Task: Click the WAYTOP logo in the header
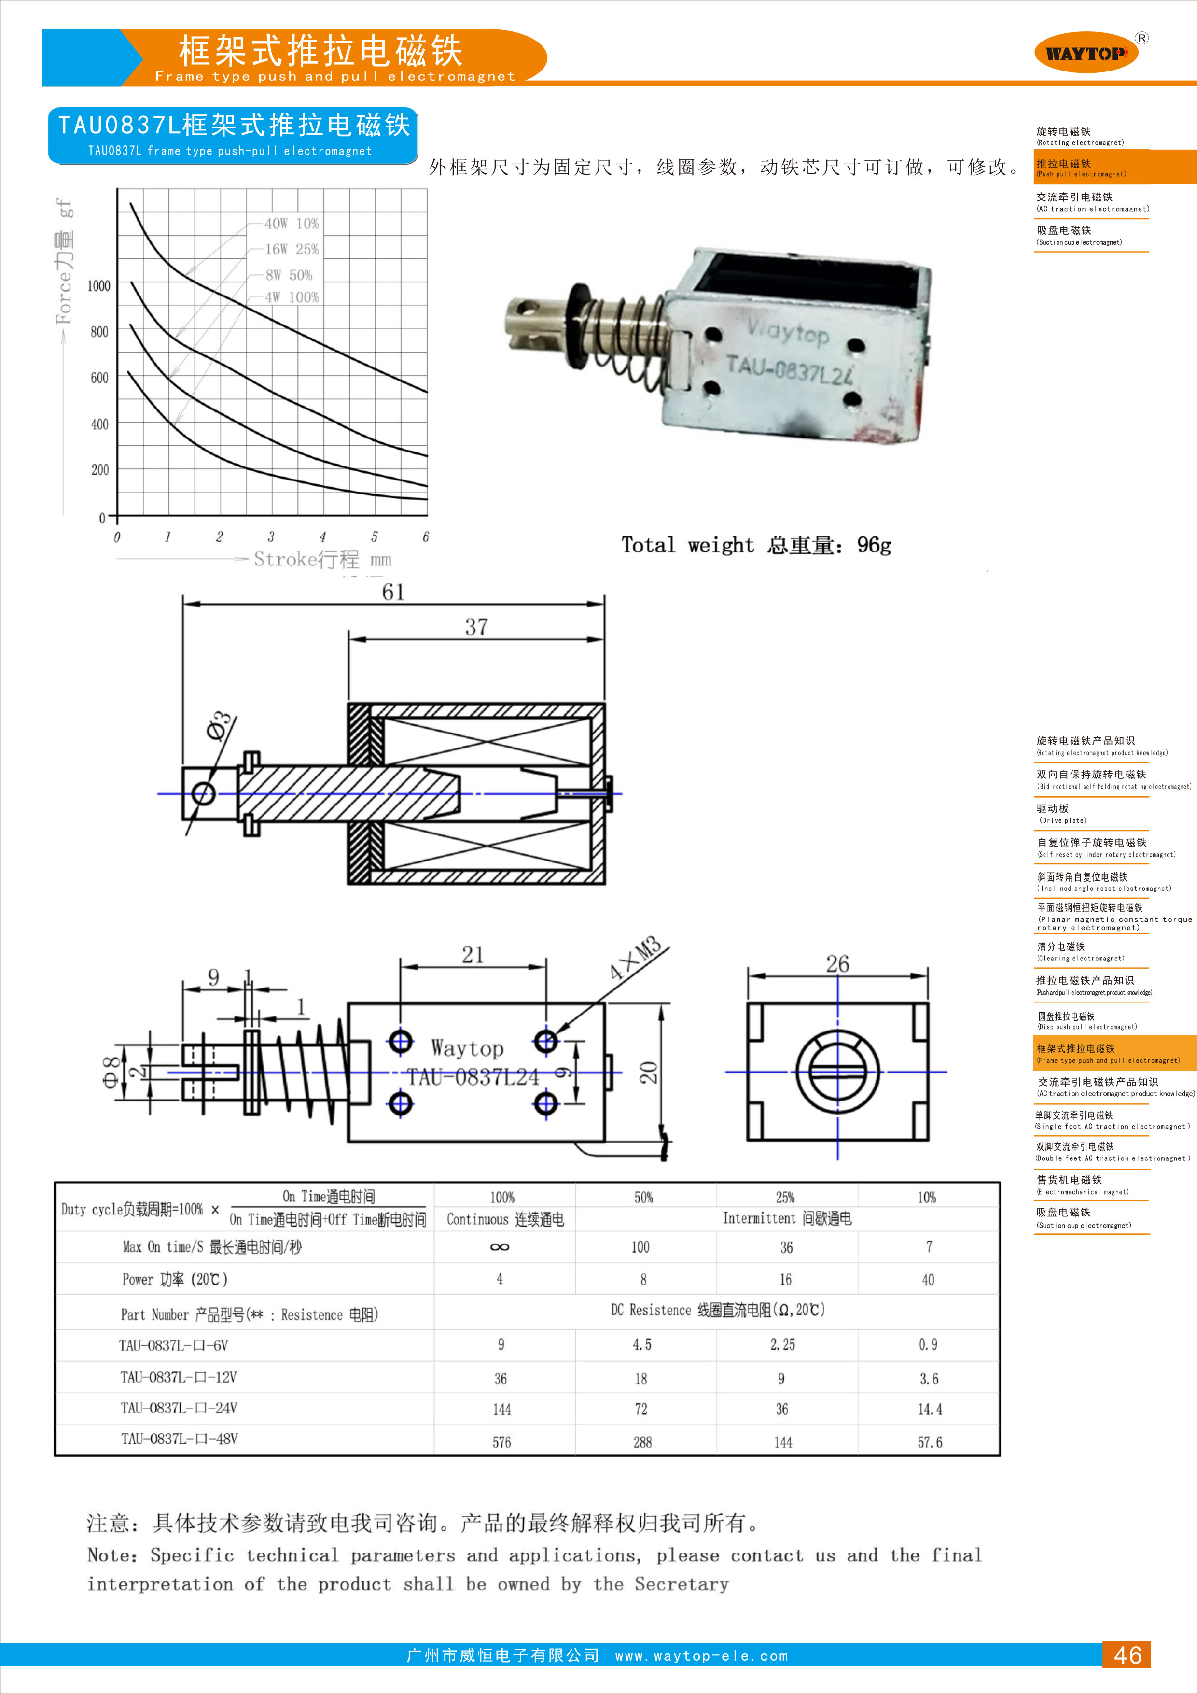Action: click(1086, 52)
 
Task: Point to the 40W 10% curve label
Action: click(292, 224)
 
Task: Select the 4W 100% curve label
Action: click(292, 297)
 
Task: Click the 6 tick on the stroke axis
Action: click(426, 536)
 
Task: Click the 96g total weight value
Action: click(874, 545)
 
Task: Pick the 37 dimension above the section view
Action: click(476, 627)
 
